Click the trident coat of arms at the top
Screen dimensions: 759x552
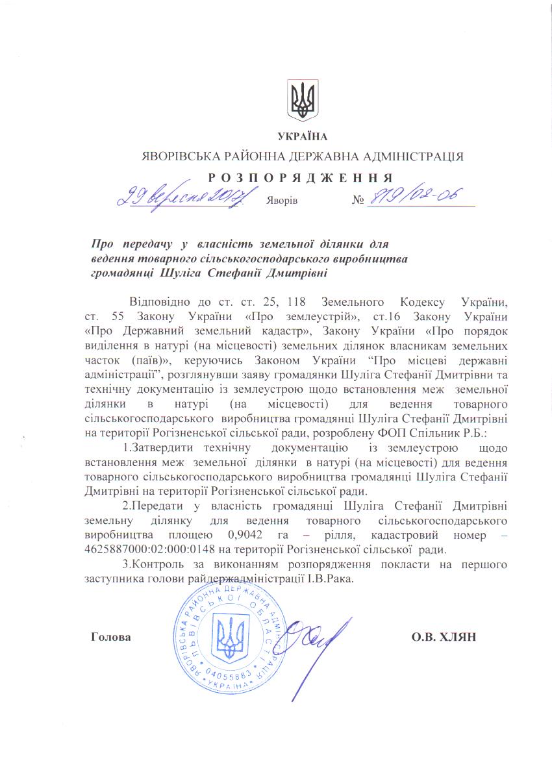pyautogui.click(x=303, y=101)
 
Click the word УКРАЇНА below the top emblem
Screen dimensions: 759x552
pyautogui.click(x=303, y=136)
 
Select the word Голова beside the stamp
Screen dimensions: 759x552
pyautogui.click(x=110, y=637)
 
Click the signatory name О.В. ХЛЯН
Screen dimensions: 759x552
pyautogui.click(x=444, y=637)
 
